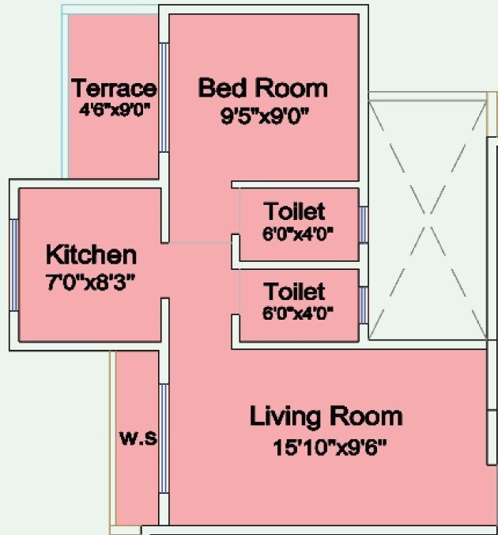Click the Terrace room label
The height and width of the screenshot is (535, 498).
click(114, 87)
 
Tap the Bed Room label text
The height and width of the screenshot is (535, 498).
click(262, 87)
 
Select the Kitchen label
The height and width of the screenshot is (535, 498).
click(91, 255)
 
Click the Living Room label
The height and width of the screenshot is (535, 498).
click(326, 415)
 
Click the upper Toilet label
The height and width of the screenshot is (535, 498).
click(295, 211)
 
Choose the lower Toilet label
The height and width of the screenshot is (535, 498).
click(295, 290)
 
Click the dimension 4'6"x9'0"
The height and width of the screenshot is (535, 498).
click(115, 110)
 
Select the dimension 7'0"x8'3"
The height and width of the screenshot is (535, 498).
click(91, 281)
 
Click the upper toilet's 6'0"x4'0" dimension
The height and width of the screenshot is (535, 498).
click(298, 233)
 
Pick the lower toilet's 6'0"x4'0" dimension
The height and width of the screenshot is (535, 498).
click(298, 312)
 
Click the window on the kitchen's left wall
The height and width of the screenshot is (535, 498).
click(13, 264)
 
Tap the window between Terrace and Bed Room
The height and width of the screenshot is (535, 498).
click(164, 97)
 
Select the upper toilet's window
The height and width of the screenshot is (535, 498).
click(363, 225)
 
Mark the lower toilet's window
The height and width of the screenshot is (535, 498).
click(363, 304)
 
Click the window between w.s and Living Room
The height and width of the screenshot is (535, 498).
click(164, 438)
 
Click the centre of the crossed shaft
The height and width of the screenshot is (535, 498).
click(427, 218)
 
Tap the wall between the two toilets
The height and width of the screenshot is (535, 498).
click(299, 264)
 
